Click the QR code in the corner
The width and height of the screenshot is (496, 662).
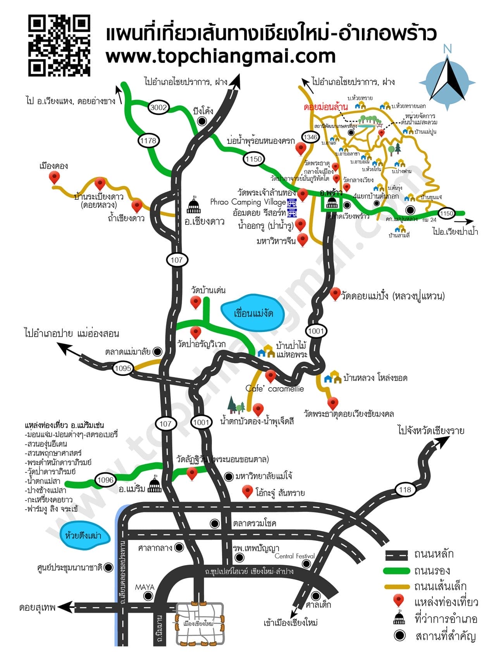(x=59, y=45)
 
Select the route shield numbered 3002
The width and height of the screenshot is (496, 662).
(x=158, y=107)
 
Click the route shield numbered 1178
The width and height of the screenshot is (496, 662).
(x=148, y=140)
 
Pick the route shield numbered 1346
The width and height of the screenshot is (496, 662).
(x=310, y=137)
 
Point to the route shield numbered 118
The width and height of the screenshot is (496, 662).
(x=405, y=489)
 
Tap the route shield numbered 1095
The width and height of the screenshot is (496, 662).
(x=123, y=368)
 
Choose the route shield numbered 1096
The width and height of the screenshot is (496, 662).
(x=105, y=480)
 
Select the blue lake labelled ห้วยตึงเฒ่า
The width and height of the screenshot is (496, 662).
(x=84, y=536)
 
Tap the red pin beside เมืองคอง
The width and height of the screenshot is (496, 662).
(x=54, y=178)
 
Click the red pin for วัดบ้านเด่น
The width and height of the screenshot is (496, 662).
(x=196, y=302)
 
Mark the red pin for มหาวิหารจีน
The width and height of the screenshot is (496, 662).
(x=303, y=239)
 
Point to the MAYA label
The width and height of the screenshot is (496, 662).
(x=144, y=587)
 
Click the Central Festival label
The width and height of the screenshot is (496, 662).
(x=294, y=556)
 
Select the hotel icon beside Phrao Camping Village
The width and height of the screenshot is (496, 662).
(x=291, y=202)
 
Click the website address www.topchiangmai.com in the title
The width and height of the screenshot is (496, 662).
(x=220, y=56)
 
